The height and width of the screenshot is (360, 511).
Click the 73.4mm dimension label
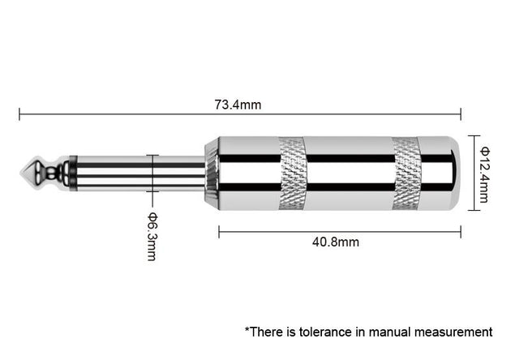click(238, 105)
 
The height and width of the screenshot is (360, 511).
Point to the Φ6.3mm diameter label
click(151, 236)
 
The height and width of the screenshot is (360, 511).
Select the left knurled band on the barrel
click(291, 173)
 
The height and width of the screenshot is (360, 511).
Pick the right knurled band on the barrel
click(405, 173)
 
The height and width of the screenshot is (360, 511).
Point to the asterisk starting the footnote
click(247, 329)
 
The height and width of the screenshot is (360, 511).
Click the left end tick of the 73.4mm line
click(19, 114)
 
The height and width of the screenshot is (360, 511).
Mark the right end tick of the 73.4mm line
click(460, 114)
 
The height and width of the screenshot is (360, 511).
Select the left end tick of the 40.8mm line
click(219, 231)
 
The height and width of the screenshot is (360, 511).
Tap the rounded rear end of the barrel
click(454, 173)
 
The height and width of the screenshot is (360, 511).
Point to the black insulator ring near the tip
click(73, 173)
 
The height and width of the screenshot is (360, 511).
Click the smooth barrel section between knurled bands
click(349, 173)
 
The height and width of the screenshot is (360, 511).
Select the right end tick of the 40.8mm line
click(460, 231)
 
